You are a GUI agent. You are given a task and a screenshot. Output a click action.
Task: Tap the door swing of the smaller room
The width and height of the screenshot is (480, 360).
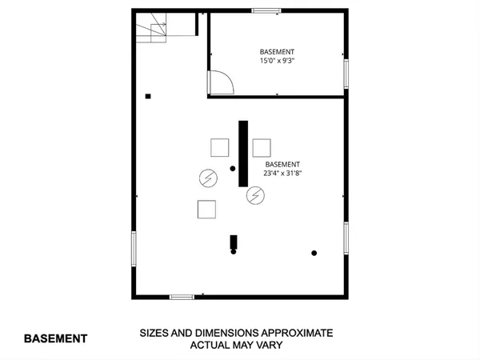point(220,82)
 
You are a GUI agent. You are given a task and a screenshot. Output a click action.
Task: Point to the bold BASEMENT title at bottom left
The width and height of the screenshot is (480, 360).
point(55,338)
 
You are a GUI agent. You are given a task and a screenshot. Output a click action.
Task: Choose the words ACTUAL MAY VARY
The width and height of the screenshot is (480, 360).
point(236,346)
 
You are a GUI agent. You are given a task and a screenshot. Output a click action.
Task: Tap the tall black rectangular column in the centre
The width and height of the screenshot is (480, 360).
point(243,153)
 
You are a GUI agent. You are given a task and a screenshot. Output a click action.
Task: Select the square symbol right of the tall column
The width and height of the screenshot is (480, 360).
point(262,147)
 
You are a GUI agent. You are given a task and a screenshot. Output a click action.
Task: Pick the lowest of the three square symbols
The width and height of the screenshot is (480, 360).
point(207,209)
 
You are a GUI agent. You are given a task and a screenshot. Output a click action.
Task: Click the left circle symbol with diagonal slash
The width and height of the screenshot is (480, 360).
point(207,177)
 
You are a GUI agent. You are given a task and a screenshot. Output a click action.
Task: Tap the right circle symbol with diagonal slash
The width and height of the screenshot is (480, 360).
point(255,194)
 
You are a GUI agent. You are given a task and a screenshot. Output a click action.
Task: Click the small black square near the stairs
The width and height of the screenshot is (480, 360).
point(148,97)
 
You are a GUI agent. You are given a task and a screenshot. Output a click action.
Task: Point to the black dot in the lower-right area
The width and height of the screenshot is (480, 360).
point(314,253)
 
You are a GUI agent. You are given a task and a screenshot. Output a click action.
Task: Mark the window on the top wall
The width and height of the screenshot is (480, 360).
point(266,10)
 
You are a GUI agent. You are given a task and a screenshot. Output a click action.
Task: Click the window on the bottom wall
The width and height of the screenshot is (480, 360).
point(182,297)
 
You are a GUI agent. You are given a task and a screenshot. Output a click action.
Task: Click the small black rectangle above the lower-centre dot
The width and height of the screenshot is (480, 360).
point(234,241)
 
